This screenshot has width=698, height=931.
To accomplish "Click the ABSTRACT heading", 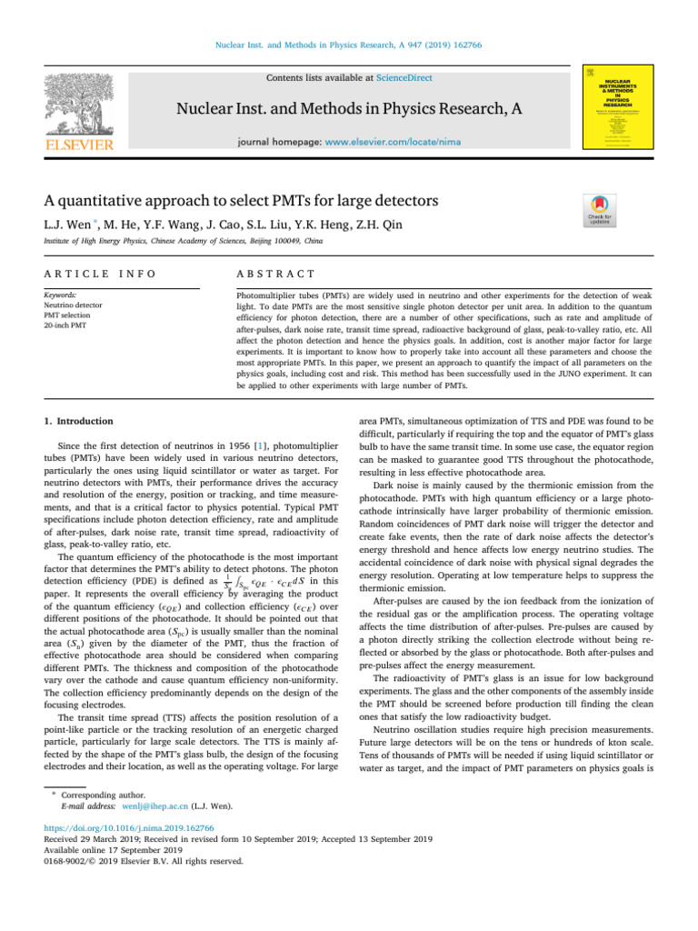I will coord(274,274).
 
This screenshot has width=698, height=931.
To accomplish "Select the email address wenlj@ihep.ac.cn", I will coord(155,806).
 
